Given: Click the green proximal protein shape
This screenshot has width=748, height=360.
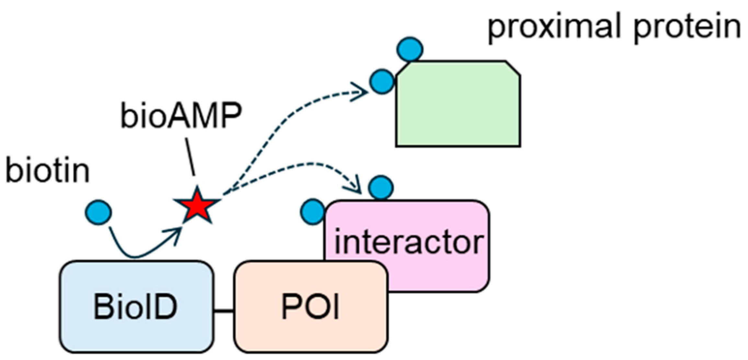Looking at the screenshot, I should click(458, 107).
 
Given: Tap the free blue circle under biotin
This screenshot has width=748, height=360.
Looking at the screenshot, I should click(98, 212).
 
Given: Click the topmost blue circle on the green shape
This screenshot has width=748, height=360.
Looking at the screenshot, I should click(410, 49).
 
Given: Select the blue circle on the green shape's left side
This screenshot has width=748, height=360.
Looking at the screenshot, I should click(382, 81).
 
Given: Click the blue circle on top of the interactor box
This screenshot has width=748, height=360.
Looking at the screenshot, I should click(381, 187).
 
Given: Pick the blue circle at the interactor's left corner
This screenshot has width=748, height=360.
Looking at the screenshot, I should click(313, 212).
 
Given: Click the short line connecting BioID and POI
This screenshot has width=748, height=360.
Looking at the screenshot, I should click(224, 311).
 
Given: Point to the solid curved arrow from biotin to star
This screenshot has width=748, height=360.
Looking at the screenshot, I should click(136, 256).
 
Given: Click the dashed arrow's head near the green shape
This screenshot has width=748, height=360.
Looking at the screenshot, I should click(361, 92).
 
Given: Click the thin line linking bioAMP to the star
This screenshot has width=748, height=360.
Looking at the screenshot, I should click(190, 157).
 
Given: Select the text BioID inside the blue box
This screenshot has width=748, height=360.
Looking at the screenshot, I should click(135, 307).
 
